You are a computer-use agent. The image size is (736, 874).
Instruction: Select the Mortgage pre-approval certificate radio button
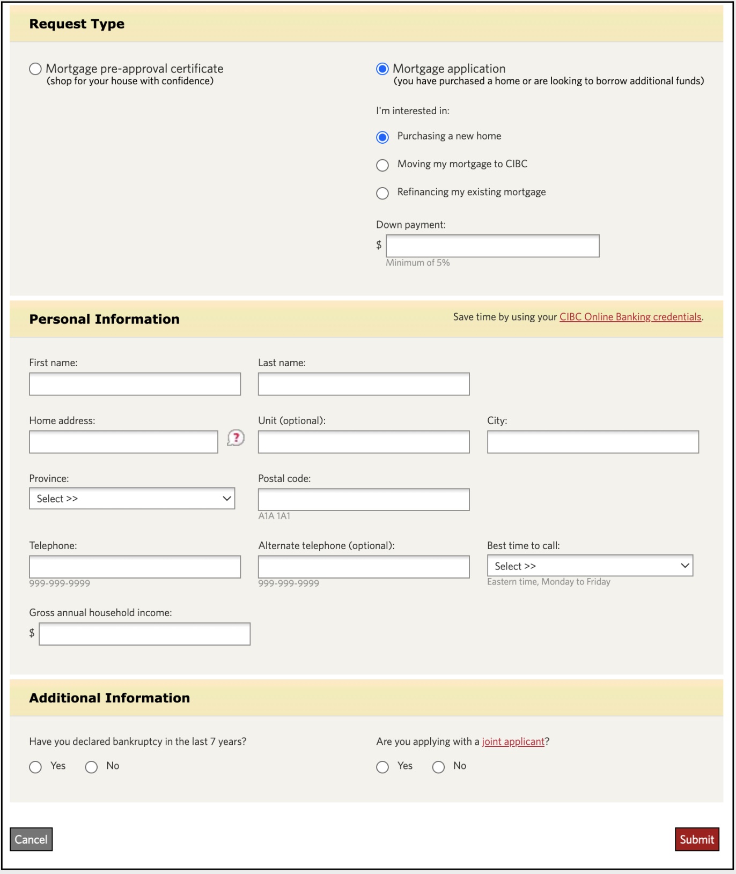[35, 69]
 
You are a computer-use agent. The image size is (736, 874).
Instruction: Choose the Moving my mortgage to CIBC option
[382, 165]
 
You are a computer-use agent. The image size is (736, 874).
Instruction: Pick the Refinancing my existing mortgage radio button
[382, 193]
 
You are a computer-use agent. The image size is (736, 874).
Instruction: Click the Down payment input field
[492, 246]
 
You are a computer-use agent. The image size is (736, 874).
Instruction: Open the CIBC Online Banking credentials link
[630, 317]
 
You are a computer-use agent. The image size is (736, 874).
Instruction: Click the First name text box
[135, 384]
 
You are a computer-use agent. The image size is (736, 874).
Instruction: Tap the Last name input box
[363, 384]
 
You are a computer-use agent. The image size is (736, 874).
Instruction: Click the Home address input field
[123, 442]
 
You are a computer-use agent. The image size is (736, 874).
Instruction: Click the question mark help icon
[235, 438]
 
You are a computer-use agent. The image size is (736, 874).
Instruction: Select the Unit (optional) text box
[363, 442]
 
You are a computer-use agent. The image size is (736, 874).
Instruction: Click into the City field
[592, 442]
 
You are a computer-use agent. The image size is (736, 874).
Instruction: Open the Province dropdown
[132, 499]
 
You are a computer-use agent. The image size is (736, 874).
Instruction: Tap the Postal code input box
[363, 499]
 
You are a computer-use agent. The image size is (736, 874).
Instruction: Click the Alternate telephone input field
[363, 567]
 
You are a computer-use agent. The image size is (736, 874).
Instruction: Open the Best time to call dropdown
[590, 566]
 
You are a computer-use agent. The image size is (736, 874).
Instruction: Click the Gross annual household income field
[144, 634]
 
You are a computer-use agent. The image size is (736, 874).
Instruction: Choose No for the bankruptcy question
[92, 767]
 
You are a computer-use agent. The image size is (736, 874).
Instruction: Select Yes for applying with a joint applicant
[382, 767]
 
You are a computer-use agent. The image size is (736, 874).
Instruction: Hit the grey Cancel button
[31, 839]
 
